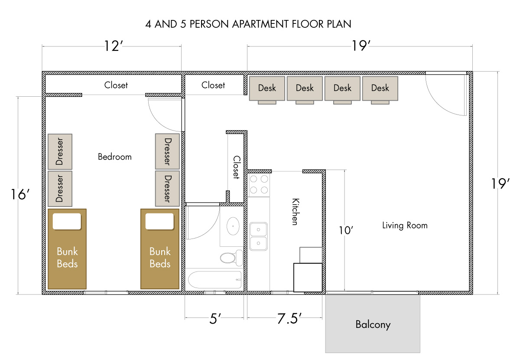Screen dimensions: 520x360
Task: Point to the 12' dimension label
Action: [x=113, y=46]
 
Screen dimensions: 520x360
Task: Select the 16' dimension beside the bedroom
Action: [x=20, y=194]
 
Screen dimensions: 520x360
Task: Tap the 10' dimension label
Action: [x=346, y=230]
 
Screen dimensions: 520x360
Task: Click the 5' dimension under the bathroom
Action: [x=215, y=318]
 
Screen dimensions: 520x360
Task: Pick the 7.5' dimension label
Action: [x=289, y=318]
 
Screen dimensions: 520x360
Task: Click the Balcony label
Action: [x=373, y=324]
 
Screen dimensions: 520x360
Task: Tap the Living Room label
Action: [x=405, y=226]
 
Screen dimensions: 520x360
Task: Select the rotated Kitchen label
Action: [x=296, y=212]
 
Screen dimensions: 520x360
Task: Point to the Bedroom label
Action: [x=115, y=157]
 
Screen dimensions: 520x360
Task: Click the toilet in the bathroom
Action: [x=231, y=258]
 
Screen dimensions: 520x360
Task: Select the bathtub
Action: [x=215, y=280]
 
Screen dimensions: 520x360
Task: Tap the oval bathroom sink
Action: [x=233, y=226]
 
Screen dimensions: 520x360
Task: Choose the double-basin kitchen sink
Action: [x=258, y=236]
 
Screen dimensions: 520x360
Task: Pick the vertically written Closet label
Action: [x=236, y=167]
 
